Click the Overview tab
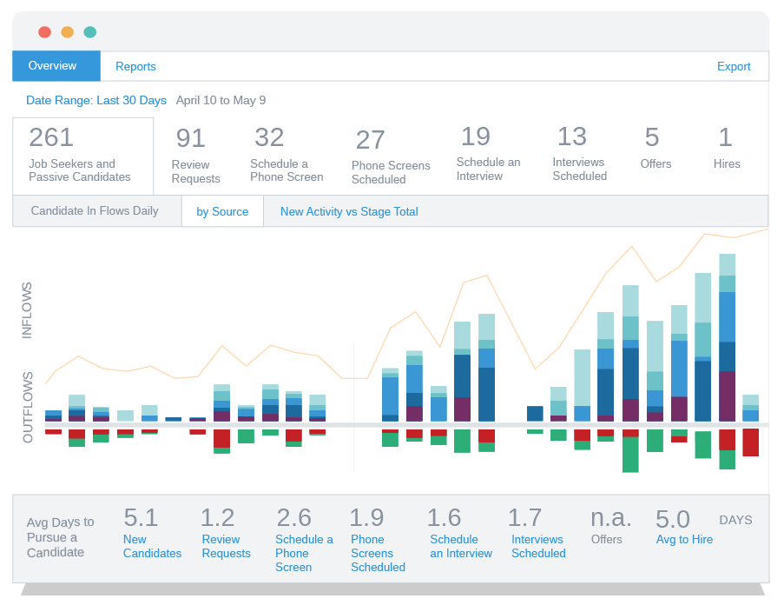52,66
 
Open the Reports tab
135,66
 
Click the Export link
734,67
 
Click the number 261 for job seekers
51,137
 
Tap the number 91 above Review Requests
190,138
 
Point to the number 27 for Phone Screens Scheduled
370,140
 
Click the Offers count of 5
652,137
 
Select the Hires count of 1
725,137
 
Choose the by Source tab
222,211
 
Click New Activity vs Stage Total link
349,211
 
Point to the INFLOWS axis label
27,309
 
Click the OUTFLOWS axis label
28,407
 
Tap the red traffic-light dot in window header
44,32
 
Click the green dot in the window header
90,32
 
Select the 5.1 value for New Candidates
141,518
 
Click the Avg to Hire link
684,540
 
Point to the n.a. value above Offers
611,518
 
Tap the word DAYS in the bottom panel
735,520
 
